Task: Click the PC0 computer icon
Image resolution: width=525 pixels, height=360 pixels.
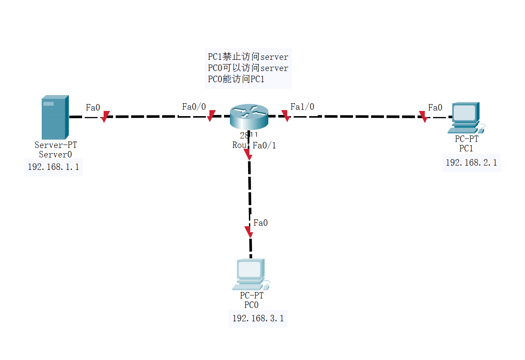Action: pos(252,274)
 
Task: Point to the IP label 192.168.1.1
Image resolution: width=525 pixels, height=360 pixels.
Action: pos(53,167)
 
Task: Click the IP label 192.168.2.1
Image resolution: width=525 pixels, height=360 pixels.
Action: pos(471,163)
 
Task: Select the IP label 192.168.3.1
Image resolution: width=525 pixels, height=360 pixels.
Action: pos(258,318)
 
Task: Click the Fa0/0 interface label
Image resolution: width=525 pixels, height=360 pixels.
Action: pos(194,107)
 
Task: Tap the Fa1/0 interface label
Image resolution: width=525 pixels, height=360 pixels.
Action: pos(302,107)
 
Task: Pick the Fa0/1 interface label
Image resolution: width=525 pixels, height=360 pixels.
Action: pos(264,145)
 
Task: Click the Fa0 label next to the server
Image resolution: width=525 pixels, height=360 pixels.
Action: pos(93,108)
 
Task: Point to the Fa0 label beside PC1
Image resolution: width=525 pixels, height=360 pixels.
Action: pos(435,108)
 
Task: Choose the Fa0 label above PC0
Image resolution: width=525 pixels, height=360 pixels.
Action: pos(261,223)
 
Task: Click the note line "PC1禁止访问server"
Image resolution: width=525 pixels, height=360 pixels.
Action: pos(248,57)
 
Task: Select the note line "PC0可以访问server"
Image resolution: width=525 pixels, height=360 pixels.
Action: pos(248,68)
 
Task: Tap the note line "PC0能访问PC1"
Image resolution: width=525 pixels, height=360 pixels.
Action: pos(236,79)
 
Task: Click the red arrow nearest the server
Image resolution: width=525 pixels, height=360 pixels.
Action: pos(105,117)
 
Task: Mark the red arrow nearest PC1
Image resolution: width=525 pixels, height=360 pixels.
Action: pos(424,117)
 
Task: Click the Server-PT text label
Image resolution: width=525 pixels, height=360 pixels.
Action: pos(56,145)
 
